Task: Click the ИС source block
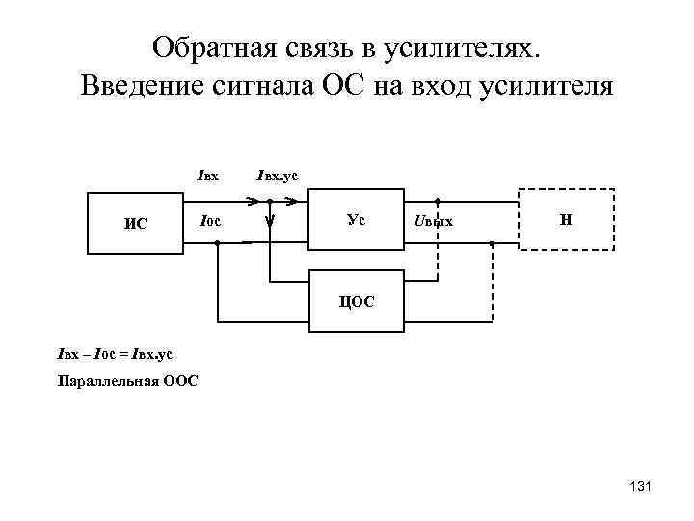[136, 223]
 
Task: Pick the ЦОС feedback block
[356, 301]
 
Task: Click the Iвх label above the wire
[207, 177]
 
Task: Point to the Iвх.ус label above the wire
[277, 177]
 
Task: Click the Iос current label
[209, 222]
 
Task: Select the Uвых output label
[433, 223]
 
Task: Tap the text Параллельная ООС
[128, 381]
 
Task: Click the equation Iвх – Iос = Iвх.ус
[115, 354]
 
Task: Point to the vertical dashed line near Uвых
[437, 241]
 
